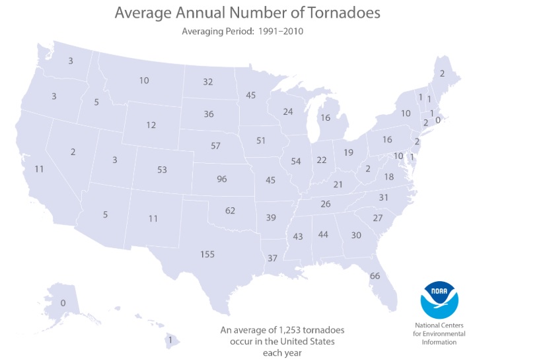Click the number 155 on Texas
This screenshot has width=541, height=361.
(x=207, y=254)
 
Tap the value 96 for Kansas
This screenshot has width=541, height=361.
(x=222, y=179)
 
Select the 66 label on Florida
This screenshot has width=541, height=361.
(x=375, y=276)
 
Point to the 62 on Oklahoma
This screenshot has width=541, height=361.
(x=230, y=211)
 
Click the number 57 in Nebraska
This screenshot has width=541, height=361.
(x=215, y=145)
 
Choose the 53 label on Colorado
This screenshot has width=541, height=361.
(x=162, y=170)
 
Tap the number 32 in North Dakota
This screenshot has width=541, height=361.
(x=208, y=82)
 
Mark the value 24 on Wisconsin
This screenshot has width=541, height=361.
(x=287, y=112)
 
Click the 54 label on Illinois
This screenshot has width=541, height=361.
(x=295, y=162)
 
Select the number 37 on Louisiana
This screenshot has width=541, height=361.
(x=272, y=257)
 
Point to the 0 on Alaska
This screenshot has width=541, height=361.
(x=63, y=303)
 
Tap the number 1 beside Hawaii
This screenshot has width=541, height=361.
(x=170, y=340)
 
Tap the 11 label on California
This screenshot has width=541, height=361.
(x=39, y=169)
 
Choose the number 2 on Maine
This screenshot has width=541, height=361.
(x=442, y=73)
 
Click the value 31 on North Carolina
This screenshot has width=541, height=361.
(x=384, y=197)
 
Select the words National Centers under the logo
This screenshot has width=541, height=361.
(x=440, y=325)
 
